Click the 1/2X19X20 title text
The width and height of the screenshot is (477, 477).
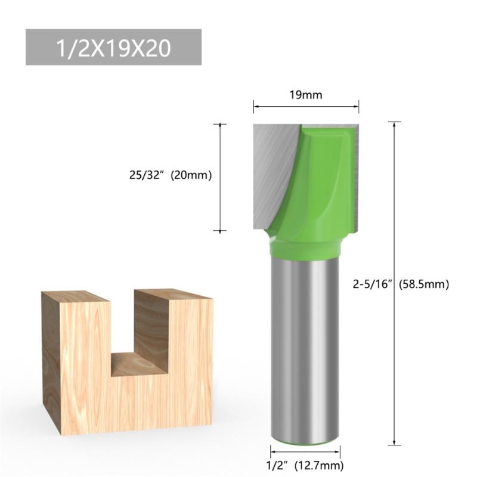coord(114,48)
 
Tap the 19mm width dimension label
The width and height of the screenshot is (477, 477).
coord(306,94)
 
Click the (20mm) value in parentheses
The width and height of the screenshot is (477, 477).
coord(192,176)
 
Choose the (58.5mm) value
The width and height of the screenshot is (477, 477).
coord(424,284)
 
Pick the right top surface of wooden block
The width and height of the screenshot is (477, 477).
coord(173,294)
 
